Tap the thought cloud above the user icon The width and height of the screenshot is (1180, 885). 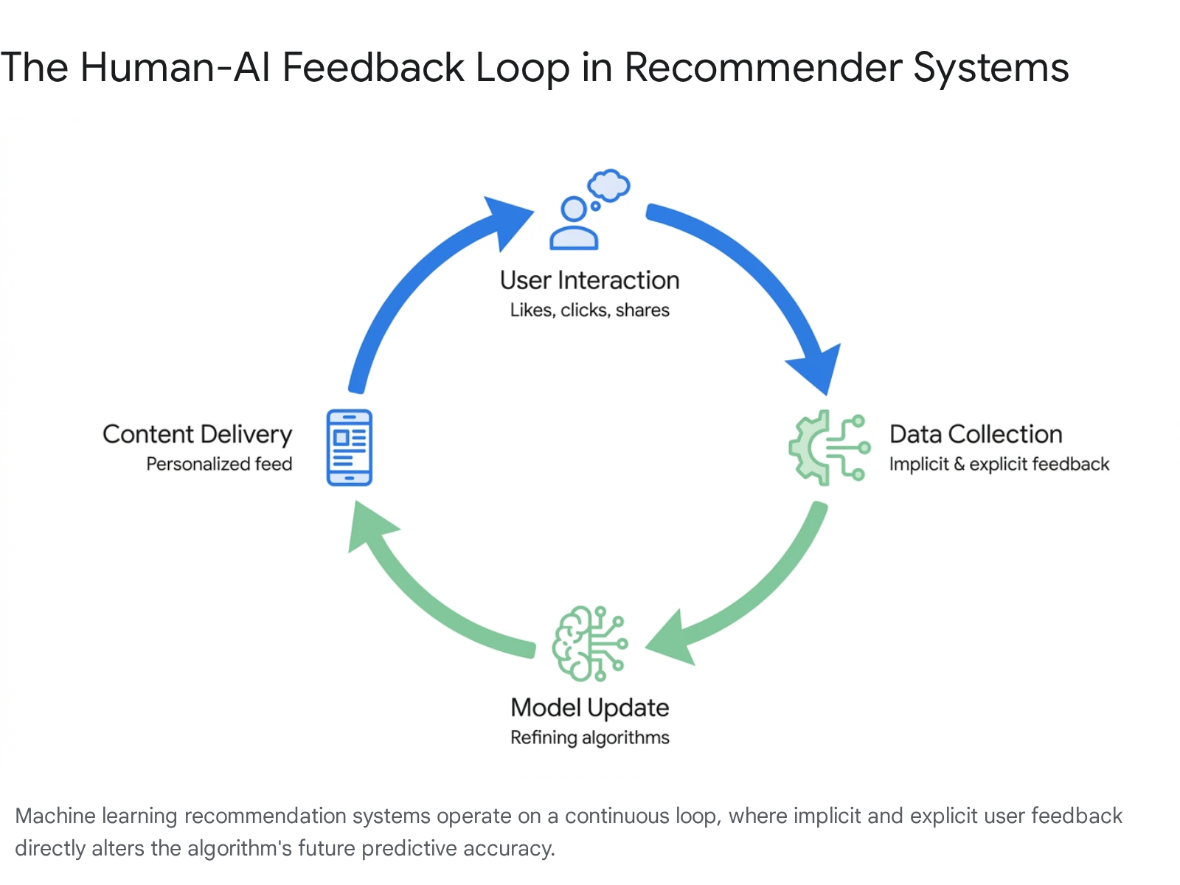(608, 185)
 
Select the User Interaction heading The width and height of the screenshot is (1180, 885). (590, 280)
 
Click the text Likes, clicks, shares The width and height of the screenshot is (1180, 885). (590, 310)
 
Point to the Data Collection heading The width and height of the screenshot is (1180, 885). (976, 434)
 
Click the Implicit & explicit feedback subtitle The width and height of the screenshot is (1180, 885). (999, 464)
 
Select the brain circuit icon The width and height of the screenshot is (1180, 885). (590, 644)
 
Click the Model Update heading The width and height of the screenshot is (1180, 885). (590, 708)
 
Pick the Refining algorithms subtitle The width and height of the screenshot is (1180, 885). (590, 737)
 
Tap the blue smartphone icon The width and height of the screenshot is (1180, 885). (350, 448)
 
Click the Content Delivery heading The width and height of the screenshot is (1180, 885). (198, 434)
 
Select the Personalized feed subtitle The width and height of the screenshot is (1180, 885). (219, 464)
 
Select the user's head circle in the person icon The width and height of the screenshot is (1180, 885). (574, 209)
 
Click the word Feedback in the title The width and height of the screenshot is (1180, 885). (373, 68)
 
